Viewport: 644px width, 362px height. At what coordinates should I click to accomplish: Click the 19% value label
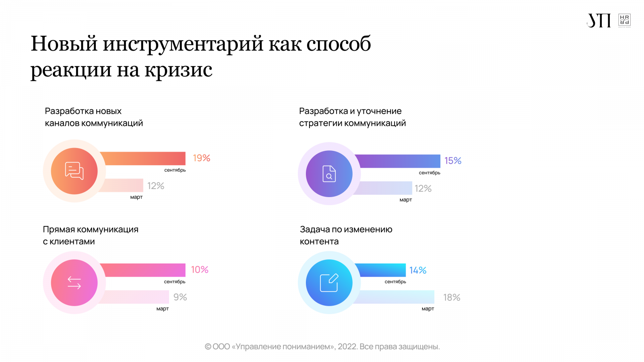[x=201, y=158]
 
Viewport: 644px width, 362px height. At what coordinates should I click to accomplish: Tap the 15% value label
[x=453, y=161]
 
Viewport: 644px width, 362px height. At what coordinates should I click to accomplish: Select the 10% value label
[x=200, y=269]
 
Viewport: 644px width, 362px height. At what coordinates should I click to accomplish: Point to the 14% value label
[x=418, y=270]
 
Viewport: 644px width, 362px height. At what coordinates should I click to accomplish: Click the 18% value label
[x=452, y=298]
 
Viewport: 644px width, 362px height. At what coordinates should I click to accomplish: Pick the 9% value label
[x=180, y=297]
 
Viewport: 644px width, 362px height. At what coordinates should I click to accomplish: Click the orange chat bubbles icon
[x=74, y=171]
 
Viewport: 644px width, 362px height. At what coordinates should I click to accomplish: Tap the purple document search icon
[x=329, y=174]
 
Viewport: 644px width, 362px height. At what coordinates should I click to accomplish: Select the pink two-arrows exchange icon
[x=74, y=283]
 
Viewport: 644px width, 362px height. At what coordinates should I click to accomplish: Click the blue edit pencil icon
[x=329, y=283]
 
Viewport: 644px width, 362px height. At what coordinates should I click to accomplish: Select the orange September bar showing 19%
[x=143, y=158]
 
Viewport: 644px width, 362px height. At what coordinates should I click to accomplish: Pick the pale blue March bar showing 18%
[x=394, y=297]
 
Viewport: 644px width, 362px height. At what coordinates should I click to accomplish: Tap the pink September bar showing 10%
[x=143, y=270]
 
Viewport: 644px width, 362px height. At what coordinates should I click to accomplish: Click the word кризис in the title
[x=178, y=70]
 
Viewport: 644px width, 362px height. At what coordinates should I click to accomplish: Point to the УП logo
[x=599, y=21]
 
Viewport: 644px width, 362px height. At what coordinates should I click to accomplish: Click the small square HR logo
[x=624, y=20]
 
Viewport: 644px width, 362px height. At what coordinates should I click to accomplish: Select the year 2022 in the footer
[x=347, y=347]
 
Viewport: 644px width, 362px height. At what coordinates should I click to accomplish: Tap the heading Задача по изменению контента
[x=346, y=235]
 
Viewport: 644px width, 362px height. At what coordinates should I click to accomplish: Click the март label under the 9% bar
[x=162, y=309]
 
